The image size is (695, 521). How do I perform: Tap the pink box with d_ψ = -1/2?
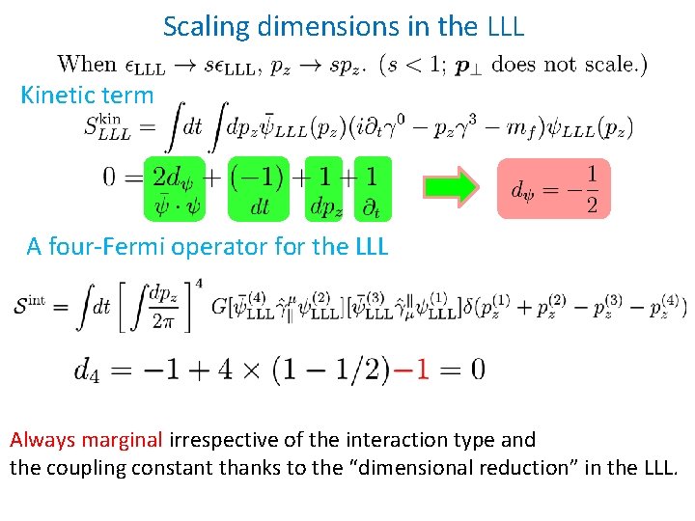553,189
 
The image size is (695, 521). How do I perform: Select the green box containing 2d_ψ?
174,189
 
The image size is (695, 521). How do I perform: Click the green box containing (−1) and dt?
259,189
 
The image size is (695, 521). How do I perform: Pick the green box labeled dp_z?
322,189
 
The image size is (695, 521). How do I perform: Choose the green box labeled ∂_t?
373,189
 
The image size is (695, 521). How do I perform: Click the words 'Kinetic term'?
87,95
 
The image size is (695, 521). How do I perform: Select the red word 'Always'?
42,441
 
